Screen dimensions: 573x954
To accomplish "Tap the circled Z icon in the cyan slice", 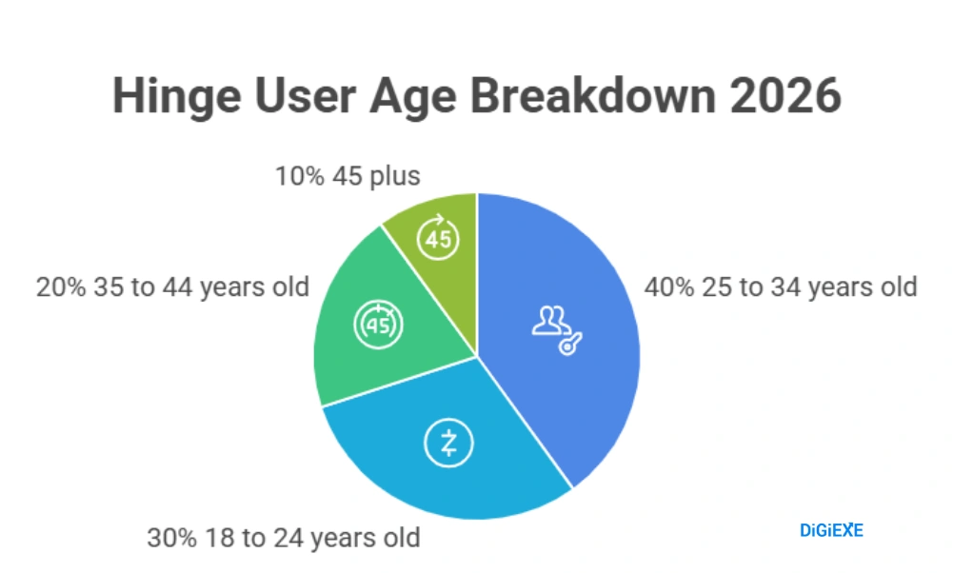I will tap(448, 443).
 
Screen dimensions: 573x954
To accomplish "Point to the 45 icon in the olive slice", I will tap(438, 239).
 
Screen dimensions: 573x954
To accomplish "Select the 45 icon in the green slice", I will tap(378, 326).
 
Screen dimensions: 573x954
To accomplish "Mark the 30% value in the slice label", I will tap(171, 538).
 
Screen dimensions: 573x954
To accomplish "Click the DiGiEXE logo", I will tap(831, 530).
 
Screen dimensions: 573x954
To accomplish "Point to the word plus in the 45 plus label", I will tap(394, 176).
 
